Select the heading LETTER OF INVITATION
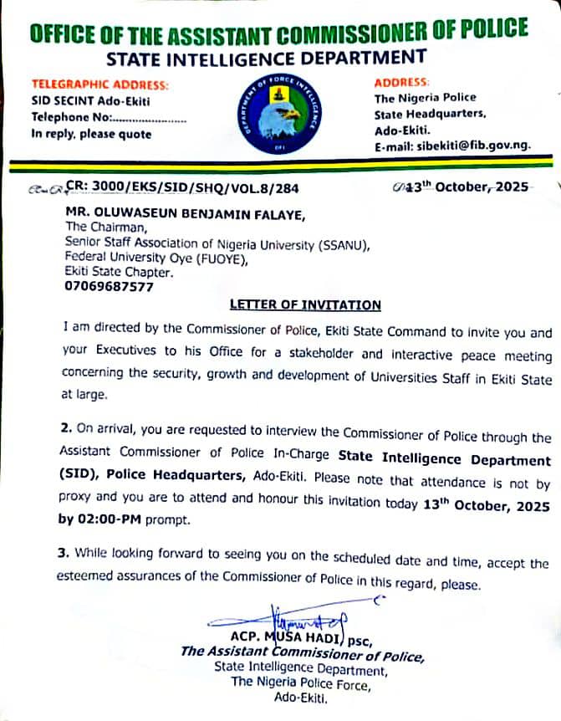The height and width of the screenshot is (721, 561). (305, 305)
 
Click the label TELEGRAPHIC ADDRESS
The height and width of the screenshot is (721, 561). (99, 85)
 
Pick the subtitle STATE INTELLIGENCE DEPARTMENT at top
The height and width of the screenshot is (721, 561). (267, 59)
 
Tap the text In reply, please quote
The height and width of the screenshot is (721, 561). (91, 134)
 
